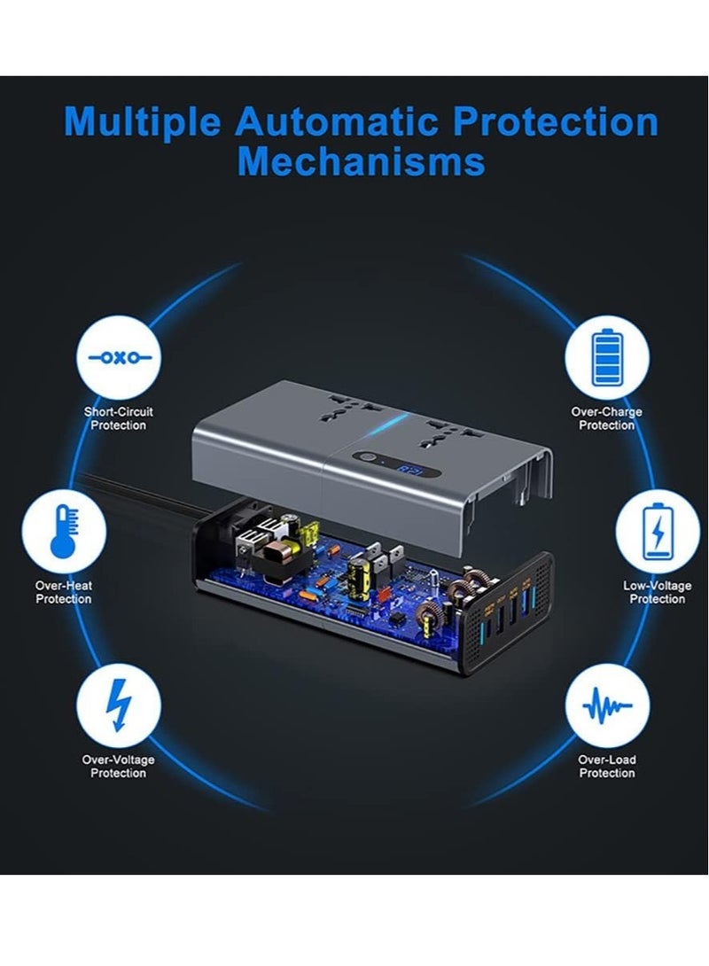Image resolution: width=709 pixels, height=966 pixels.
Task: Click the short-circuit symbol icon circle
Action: pos(119,359)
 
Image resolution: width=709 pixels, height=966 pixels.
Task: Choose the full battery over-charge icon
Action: pos(608,359)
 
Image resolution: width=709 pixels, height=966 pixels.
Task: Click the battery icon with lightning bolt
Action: pos(657,532)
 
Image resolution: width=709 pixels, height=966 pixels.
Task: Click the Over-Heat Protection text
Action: pos(64,592)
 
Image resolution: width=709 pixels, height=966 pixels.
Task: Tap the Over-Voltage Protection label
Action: pos(118,767)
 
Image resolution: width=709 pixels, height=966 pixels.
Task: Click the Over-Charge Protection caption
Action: pos(607,418)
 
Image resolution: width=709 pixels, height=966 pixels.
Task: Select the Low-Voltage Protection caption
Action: pos(657,592)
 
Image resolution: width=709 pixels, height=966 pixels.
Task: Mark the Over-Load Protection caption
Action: pos(607,767)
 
